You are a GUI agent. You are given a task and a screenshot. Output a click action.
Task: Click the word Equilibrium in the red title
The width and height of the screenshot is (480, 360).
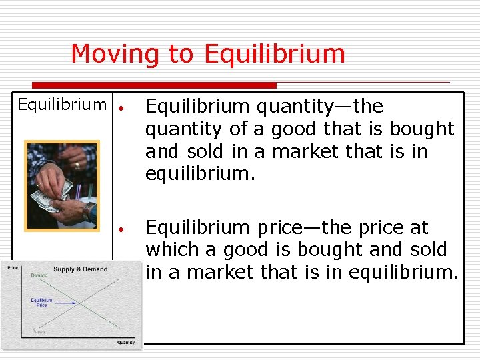(275, 54)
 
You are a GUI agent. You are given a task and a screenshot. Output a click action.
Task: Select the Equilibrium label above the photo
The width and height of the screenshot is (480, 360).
(61, 105)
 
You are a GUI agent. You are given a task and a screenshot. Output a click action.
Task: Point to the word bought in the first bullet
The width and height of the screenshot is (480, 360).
(422, 129)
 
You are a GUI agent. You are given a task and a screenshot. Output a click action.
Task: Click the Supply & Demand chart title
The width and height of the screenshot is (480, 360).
(80, 269)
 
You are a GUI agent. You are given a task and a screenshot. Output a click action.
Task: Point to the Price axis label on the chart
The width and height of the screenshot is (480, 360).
(13, 268)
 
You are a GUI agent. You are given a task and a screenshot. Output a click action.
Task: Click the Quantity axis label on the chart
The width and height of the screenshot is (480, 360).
(125, 343)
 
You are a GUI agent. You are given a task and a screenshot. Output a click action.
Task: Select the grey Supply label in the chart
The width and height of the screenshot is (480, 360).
(38, 331)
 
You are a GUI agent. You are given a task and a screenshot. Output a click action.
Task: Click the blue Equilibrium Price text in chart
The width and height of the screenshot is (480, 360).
(41, 302)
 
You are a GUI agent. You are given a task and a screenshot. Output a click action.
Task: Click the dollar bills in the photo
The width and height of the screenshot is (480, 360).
(48, 199)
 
